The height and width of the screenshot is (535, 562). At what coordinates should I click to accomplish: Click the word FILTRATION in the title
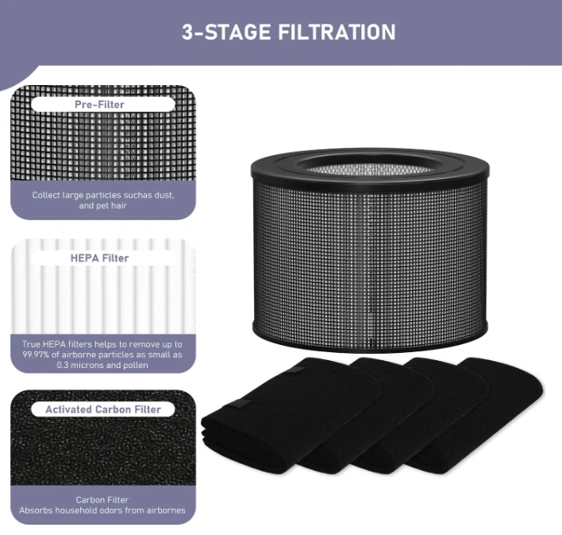(x=337, y=32)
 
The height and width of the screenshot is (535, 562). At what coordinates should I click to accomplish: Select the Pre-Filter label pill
(x=103, y=104)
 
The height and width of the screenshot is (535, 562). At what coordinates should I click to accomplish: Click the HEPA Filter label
(x=100, y=258)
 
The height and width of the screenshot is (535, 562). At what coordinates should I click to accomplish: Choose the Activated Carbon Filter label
(x=103, y=409)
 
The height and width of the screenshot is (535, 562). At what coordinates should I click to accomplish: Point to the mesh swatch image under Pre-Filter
(x=103, y=133)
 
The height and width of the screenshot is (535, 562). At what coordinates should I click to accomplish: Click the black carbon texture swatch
(x=103, y=438)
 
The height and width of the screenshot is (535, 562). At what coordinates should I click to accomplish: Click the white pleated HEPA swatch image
(x=103, y=286)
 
